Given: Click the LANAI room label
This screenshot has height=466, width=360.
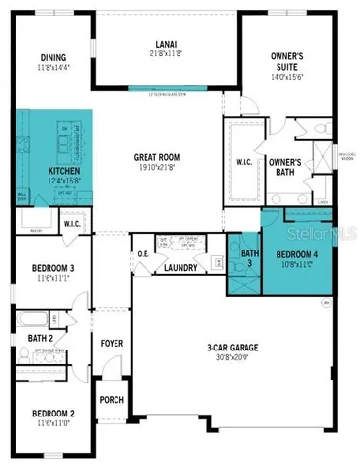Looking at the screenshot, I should coord(164,43).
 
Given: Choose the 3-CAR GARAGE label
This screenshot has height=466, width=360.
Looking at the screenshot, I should coord(235,348).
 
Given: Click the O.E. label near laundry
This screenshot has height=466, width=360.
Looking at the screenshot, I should coord(144,255).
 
